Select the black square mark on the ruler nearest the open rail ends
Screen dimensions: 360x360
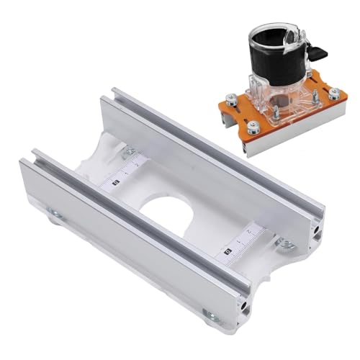pyautogui.click(x=226, y=251)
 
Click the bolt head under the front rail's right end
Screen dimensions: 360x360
pyautogui.click(x=209, y=315)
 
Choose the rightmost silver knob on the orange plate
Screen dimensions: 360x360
pyautogui.click(x=333, y=93)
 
